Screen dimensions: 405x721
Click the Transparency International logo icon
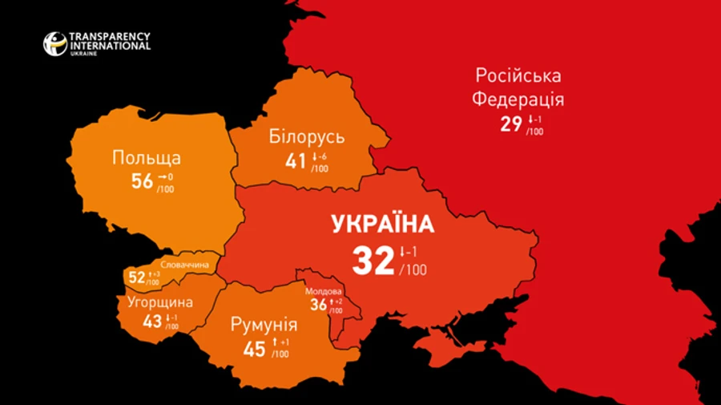(x=55, y=43)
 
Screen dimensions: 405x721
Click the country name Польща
(x=146, y=158)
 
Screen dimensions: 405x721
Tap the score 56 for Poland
(x=142, y=181)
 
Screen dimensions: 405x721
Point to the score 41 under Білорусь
(x=296, y=161)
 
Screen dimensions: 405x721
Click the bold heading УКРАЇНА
(x=383, y=224)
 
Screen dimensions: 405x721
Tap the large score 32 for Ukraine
(x=373, y=261)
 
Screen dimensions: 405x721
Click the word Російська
(x=518, y=76)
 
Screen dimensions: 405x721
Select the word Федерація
(x=518, y=100)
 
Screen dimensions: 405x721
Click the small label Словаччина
(x=184, y=265)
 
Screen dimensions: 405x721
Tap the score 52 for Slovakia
(x=137, y=278)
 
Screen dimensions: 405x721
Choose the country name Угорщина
(x=160, y=302)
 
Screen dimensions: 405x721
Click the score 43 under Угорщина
(x=152, y=321)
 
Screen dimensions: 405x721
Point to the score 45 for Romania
(x=254, y=349)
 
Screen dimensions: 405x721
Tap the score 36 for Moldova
(x=318, y=305)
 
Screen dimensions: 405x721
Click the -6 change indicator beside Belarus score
(x=322, y=156)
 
